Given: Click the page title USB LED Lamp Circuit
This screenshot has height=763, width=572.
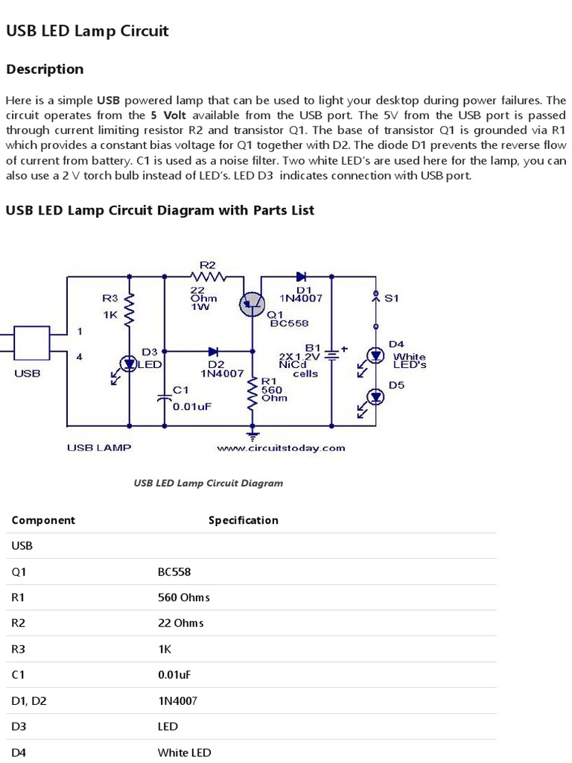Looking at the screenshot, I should point(87,31).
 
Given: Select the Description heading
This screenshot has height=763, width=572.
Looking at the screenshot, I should point(45,69).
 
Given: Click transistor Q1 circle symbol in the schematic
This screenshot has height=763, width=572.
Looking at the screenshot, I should point(252,302).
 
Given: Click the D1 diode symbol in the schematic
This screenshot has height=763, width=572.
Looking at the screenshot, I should point(301,276).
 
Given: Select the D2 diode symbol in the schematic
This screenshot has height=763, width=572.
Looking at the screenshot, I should point(213,349).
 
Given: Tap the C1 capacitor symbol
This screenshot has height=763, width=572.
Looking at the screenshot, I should point(165,397).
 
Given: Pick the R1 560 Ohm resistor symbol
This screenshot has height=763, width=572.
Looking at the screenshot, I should point(252,393).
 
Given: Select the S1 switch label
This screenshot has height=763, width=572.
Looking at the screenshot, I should point(392,298).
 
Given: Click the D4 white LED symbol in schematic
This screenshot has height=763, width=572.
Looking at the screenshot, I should point(376,355).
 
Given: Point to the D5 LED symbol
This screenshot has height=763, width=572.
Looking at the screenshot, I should point(376,398).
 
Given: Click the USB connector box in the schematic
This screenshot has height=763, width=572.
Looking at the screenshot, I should point(32,343).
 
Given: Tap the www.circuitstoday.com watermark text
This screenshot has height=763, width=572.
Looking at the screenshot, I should point(281,448).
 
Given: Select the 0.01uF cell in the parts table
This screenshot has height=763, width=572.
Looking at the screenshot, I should point(175,674).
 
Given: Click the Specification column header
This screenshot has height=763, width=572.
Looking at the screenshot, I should point(243,520).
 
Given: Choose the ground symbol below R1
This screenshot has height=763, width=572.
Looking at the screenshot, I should point(252,434).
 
